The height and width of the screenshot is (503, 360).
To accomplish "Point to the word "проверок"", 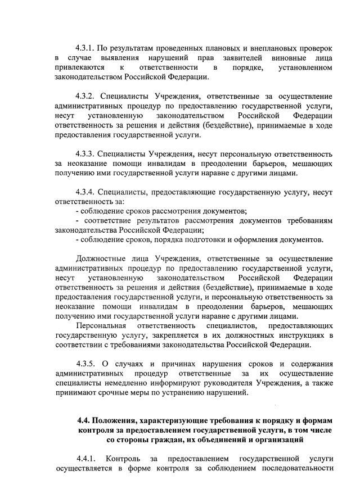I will click(x=312, y=48).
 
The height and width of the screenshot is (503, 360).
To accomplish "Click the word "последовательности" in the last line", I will click(x=297, y=468).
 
